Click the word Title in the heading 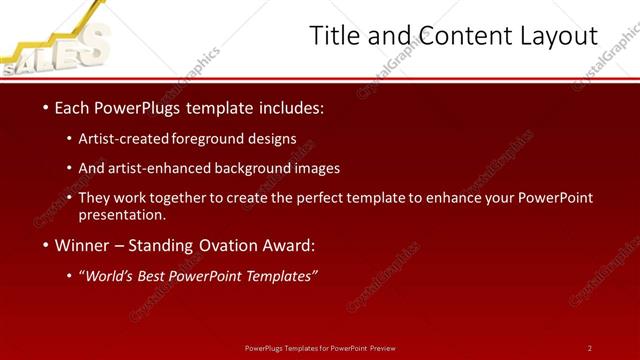pos(333,37)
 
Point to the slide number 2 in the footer pos(589,348)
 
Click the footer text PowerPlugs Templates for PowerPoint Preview pos(320,348)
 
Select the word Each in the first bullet pos(71,107)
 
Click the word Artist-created pos(124,139)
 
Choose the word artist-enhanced pos(161,168)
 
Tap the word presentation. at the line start pos(122,214)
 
